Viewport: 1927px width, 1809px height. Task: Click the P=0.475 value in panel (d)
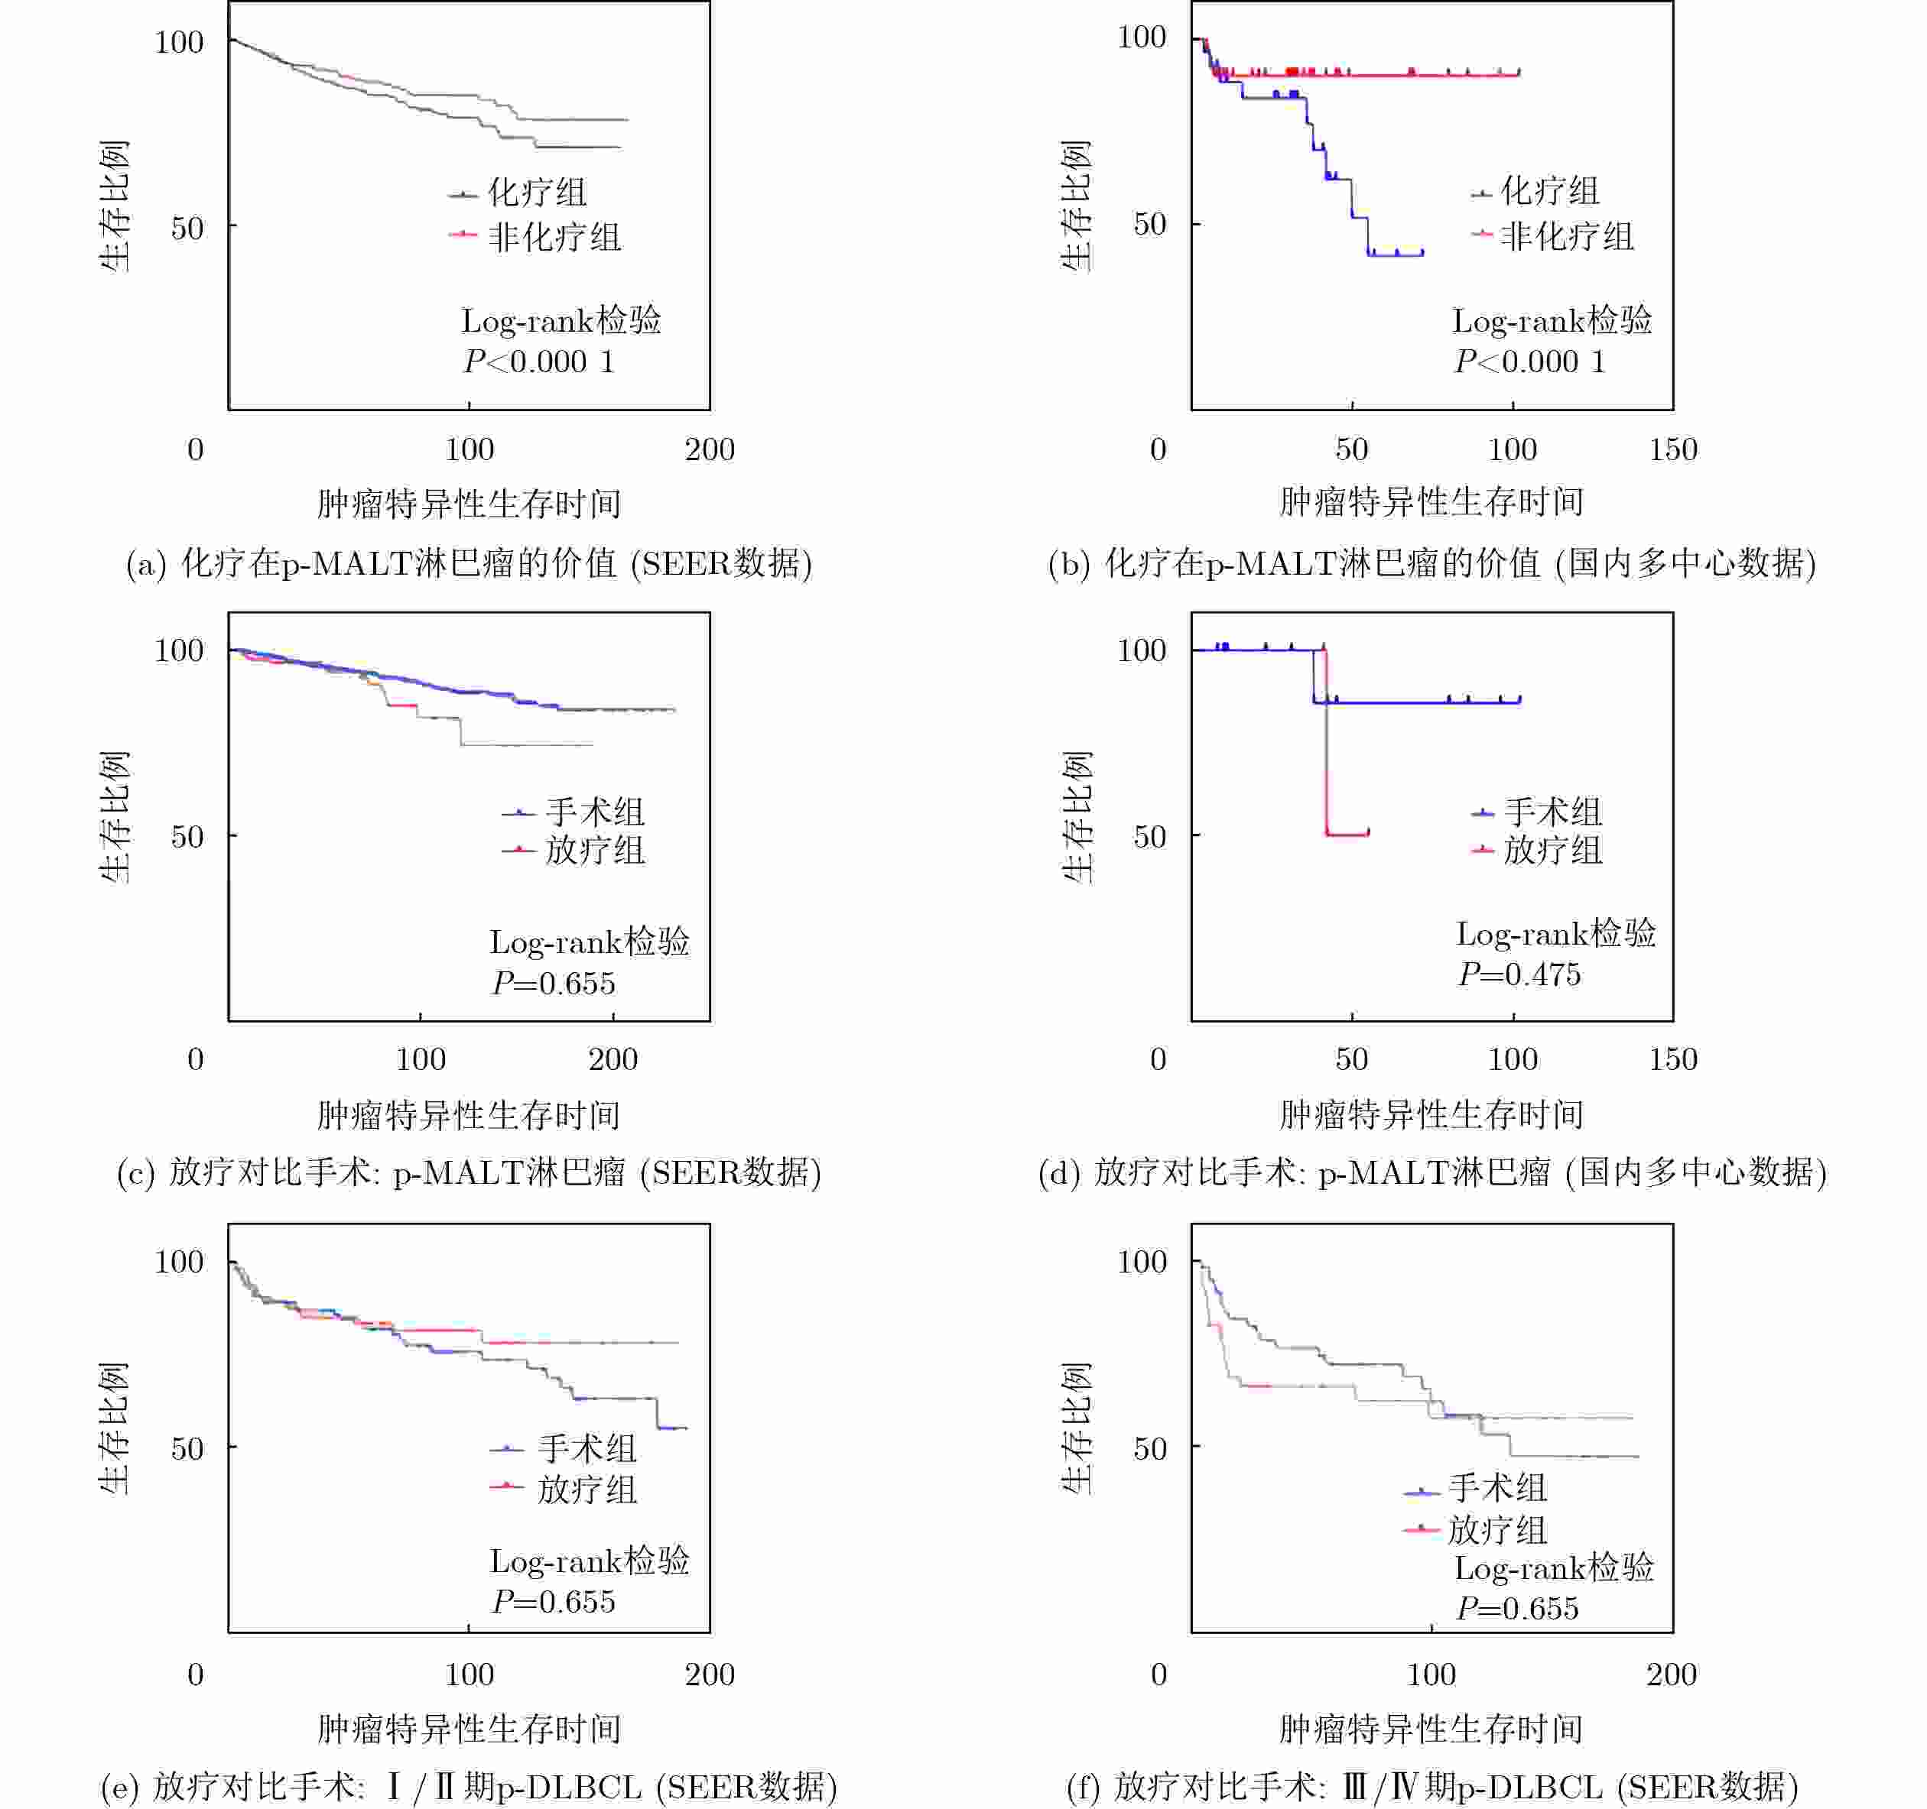(1519, 974)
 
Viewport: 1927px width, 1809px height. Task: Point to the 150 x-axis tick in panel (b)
(1673, 449)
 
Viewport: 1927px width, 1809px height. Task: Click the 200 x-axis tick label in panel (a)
(710, 449)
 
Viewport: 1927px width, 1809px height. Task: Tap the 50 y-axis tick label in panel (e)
(187, 1448)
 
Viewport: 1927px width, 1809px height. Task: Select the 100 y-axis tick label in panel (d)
(1141, 650)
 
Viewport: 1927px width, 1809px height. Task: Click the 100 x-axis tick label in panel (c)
(421, 1059)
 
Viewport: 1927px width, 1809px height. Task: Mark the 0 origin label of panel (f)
(1158, 1674)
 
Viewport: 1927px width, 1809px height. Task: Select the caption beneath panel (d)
(1431, 1172)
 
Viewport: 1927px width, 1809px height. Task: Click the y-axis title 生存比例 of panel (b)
(1076, 206)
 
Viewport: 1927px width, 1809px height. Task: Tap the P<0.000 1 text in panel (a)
(539, 361)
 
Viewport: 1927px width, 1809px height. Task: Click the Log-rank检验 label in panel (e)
(590, 1560)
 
